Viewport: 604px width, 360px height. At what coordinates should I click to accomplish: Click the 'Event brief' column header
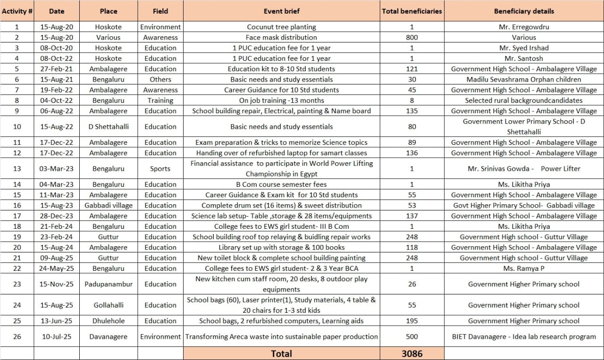pyautogui.click(x=281, y=11)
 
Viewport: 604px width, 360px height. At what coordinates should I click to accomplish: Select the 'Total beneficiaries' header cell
pyautogui.click(x=412, y=11)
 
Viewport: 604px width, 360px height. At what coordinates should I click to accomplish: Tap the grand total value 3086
pyautogui.click(x=412, y=353)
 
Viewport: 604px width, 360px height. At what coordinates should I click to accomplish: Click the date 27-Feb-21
pyautogui.click(x=56, y=69)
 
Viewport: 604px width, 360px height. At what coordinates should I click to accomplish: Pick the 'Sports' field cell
pyautogui.click(x=160, y=168)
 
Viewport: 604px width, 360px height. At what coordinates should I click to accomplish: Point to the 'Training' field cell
pyautogui.click(x=160, y=100)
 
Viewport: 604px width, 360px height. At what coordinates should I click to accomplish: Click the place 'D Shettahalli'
pyautogui.click(x=108, y=126)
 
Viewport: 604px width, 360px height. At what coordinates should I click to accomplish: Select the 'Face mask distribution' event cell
pyautogui.click(x=281, y=37)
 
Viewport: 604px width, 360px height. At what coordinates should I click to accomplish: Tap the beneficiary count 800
pyautogui.click(x=412, y=37)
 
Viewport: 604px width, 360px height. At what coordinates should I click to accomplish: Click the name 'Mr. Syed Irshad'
pyautogui.click(x=524, y=48)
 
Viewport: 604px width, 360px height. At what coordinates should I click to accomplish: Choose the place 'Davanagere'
pyautogui.click(x=108, y=337)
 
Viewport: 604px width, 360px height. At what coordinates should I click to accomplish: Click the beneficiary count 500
pyautogui.click(x=412, y=337)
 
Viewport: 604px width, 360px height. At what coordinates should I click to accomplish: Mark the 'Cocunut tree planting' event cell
pyautogui.click(x=281, y=27)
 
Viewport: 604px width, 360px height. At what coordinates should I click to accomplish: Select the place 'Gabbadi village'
pyautogui.click(x=108, y=205)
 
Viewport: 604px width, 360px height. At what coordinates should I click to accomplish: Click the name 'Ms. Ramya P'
pyautogui.click(x=524, y=268)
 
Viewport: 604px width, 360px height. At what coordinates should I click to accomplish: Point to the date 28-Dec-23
pyautogui.click(x=56, y=216)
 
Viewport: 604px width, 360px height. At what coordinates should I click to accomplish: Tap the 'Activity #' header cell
pyautogui.click(x=17, y=11)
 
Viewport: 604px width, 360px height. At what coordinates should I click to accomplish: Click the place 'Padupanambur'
pyautogui.click(x=108, y=284)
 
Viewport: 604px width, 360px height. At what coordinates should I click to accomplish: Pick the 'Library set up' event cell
pyautogui.click(x=281, y=247)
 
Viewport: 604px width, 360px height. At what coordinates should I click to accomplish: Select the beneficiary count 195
pyautogui.click(x=412, y=321)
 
